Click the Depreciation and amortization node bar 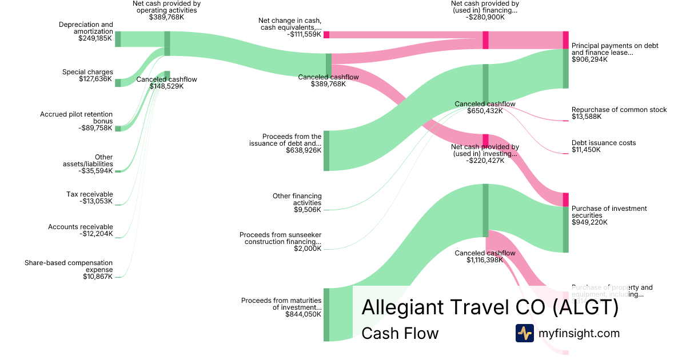118,39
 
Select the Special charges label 87,72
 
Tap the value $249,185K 95,39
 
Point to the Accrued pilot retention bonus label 76,118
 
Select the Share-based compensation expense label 69,266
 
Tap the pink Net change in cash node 326,34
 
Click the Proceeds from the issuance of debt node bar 326,150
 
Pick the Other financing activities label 297,199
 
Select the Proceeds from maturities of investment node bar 326,314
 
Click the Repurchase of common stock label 619,110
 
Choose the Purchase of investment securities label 609,212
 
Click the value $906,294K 589,59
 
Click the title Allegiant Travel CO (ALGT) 490,307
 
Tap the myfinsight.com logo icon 524,333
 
